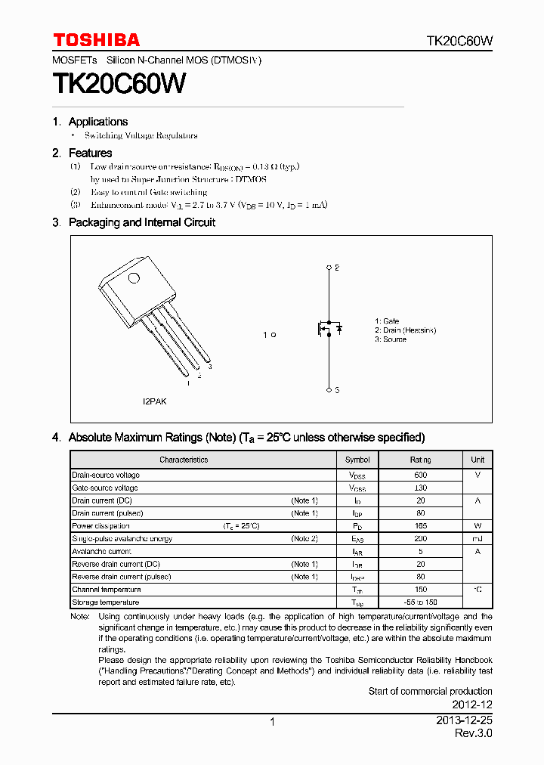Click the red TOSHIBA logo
click(96, 40)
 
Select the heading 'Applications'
click(98, 122)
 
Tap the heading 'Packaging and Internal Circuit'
click(142, 222)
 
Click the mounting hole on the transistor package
click(134, 277)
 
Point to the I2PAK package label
click(155, 401)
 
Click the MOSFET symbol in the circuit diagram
click(329, 329)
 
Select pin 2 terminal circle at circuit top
click(328, 267)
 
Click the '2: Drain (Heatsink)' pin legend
click(406, 330)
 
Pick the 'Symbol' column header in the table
click(357, 460)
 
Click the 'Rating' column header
click(421, 460)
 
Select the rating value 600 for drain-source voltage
click(421, 475)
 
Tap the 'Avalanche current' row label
click(101, 551)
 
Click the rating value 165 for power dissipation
click(421, 525)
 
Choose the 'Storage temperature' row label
click(105, 602)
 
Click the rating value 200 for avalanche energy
click(421, 538)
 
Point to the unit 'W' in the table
click(478, 525)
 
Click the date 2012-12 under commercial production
click(474, 705)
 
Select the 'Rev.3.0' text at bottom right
click(474, 734)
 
